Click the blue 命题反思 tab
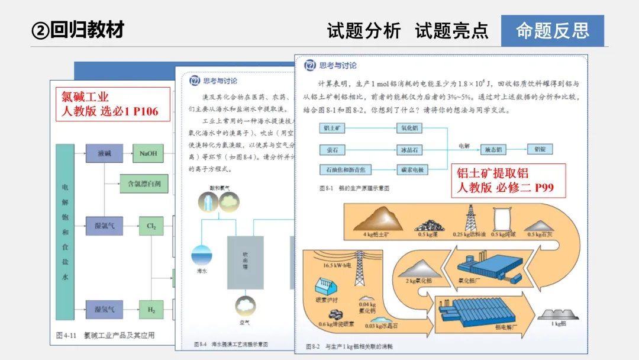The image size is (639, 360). click(552, 31)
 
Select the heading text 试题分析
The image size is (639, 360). click(364, 31)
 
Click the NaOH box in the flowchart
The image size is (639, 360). click(148, 154)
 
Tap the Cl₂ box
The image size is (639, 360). click(151, 226)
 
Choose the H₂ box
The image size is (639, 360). click(151, 308)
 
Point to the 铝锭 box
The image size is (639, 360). click(540, 150)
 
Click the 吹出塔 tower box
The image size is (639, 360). click(245, 262)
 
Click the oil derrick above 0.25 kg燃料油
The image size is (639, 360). click(471, 217)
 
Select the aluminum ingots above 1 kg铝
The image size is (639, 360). click(557, 314)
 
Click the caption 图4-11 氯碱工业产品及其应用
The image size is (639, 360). click(105, 335)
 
